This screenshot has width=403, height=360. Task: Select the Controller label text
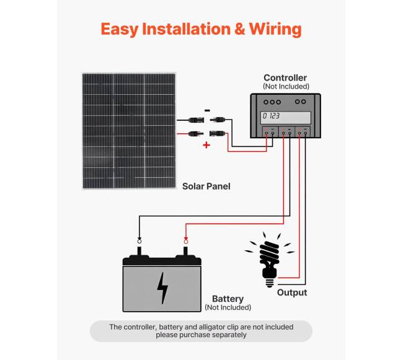click(285, 77)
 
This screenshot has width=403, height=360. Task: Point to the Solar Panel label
click(206, 186)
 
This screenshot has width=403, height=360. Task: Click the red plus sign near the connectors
click(206, 145)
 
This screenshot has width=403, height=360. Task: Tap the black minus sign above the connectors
click(206, 110)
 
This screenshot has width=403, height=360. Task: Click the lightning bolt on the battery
click(162, 288)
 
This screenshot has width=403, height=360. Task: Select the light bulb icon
click(268, 257)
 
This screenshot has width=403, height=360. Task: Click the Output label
click(291, 292)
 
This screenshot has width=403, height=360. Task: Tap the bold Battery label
click(228, 299)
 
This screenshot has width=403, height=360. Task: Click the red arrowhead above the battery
click(185, 240)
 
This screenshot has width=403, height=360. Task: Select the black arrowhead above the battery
click(139, 240)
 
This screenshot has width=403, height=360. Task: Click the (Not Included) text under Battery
click(228, 307)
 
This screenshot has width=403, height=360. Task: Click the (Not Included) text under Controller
click(285, 87)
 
